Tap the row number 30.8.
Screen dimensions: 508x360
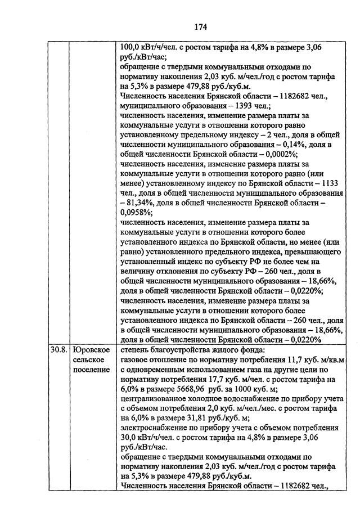58,350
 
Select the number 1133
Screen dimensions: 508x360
331,182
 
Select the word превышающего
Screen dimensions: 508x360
303,249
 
